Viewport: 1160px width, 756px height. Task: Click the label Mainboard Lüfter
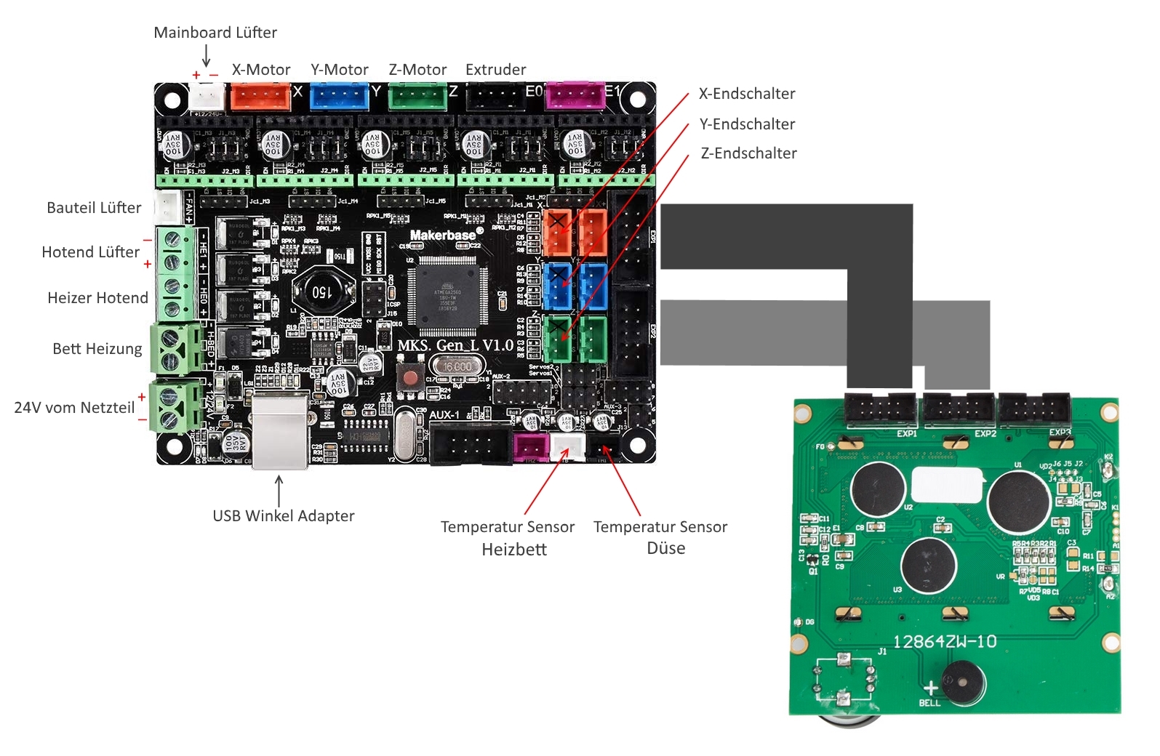click(x=215, y=33)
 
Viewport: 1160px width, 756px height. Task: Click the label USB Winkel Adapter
click(x=284, y=516)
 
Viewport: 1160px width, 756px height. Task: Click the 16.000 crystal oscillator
click(x=457, y=367)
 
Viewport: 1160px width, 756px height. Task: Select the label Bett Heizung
click(x=97, y=349)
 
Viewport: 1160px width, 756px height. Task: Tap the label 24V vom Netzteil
click(x=74, y=408)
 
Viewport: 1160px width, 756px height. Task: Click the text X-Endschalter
click(x=747, y=94)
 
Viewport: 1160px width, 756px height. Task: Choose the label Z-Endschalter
click(x=748, y=153)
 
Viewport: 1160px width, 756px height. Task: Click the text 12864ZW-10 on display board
click(x=945, y=642)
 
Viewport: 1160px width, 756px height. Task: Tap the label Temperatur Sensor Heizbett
click(x=508, y=537)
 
